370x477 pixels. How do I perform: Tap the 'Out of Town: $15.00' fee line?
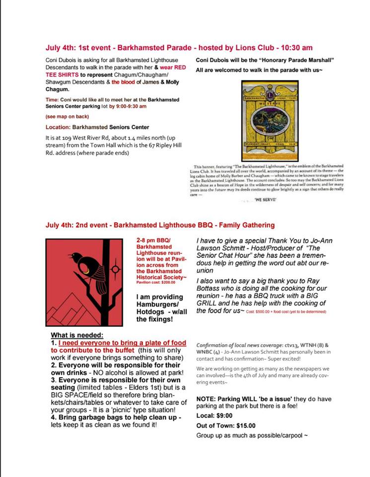[226, 425]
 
